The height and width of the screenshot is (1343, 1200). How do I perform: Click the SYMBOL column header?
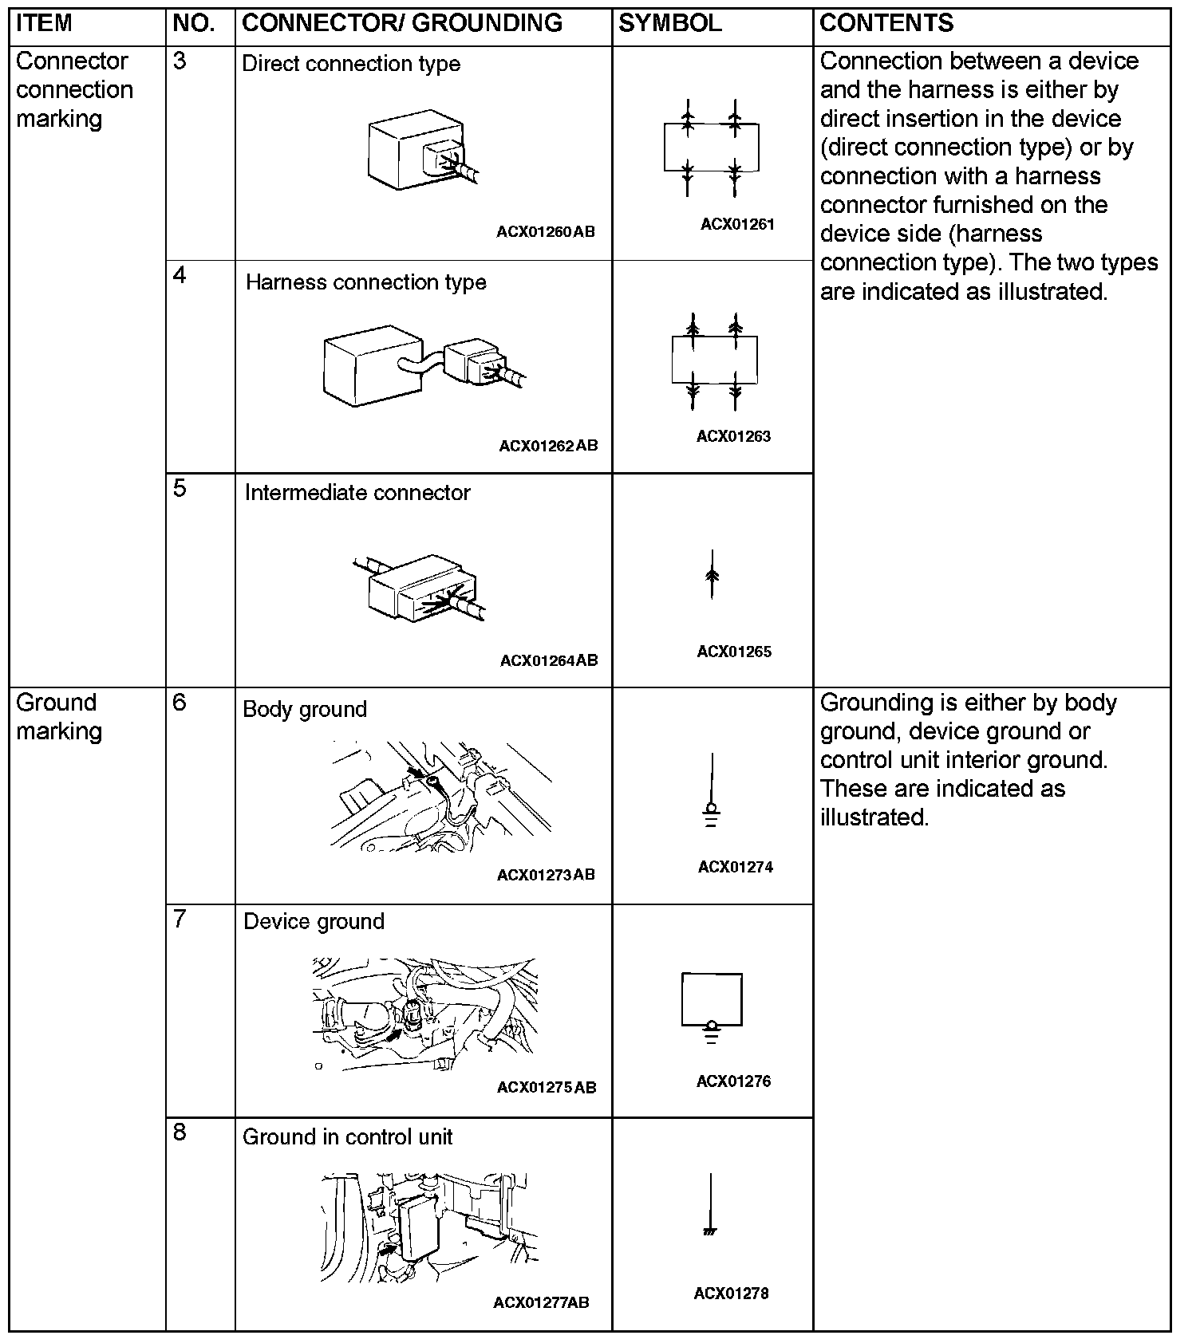click(x=669, y=23)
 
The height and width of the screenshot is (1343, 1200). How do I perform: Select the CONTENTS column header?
click(x=886, y=23)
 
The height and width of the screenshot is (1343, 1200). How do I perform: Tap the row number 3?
click(x=180, y=61)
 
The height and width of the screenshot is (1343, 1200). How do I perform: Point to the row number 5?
click(x=180, y=488)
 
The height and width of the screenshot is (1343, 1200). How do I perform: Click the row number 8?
click(x=180, y=1132)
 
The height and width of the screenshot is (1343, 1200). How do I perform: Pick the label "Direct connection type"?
click(x=351, y=64)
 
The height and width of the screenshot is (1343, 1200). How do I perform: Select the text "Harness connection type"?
click(x=365, y=282)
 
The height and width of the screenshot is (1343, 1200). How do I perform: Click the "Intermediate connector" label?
click(x=357, y=493)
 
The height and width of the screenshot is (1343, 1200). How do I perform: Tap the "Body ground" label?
click(x=304, y=709)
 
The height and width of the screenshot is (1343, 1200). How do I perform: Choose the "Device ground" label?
click(x=314, y=921)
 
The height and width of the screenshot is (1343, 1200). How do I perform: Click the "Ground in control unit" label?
click(x=347, y=1136)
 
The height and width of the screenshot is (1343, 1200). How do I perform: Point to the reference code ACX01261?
click(x=737, y=224)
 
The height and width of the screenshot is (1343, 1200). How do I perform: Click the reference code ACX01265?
click(x=734, y=652)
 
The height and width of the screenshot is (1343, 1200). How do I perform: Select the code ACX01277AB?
click(x=541, y=1302)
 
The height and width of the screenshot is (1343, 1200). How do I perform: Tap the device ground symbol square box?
click(x=712, y=998)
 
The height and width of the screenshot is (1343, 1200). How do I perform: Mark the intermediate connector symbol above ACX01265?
click(x=712, y=574)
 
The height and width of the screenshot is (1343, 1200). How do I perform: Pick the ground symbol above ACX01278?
click(x=710, y=1205)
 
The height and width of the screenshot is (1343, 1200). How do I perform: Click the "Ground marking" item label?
click(x=59, y=716)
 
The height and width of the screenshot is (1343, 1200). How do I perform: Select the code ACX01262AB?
click(x=548, y=446)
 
